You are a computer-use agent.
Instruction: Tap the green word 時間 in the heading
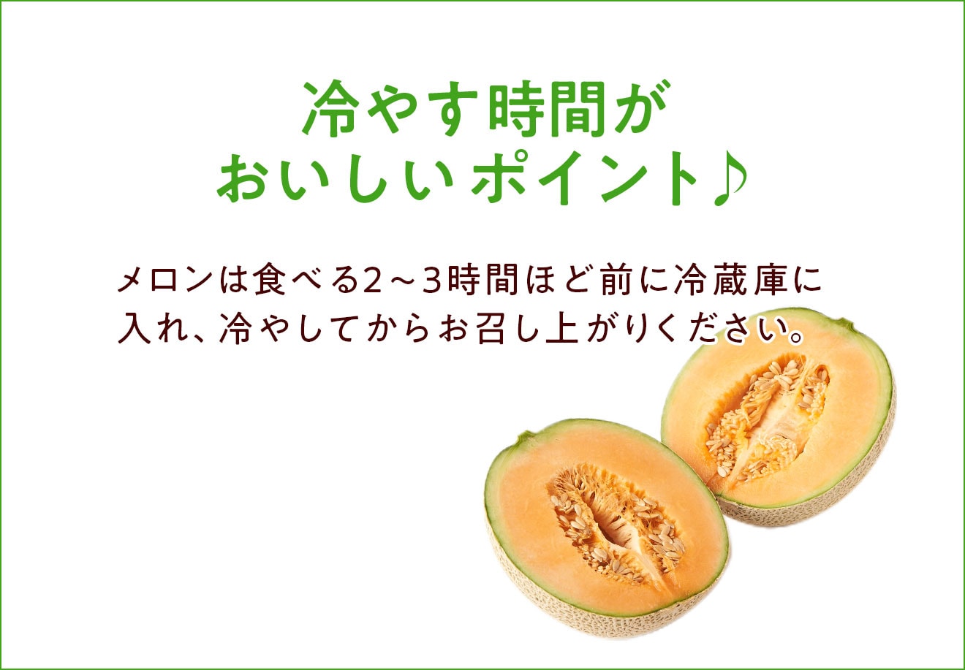pyautogui.click(x=548, y=109)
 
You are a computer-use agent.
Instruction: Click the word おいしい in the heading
pyautogui.click(x=335, y=178)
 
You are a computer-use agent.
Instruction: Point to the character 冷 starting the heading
pyautogui.click(x=331, y=109)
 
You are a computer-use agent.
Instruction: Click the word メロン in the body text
pyautogui.click(x=165, y=280)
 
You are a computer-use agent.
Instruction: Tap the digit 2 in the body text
pyautogui.click(x=372, y=281)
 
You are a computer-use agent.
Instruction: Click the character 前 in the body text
pyautogui.click(x=616, y=280)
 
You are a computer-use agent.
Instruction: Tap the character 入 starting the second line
pyautogui.click(x=134, y=328)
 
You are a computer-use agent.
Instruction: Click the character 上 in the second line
pyautogui.click(x=561, y=328)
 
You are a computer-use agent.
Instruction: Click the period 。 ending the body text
pyautogui.click(x=795, y=337)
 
